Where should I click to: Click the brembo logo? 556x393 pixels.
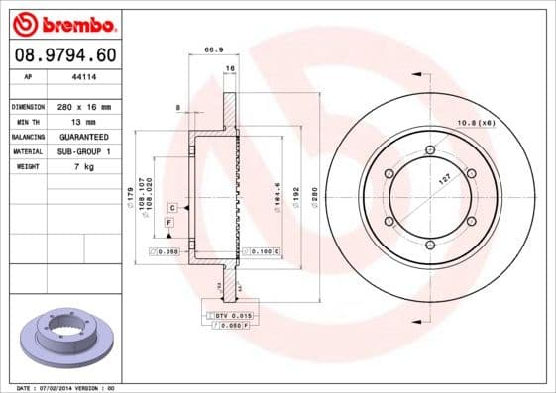pos(62,23)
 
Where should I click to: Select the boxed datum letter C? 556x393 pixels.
pos(171,208)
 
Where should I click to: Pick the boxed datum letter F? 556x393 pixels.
pos(168,225)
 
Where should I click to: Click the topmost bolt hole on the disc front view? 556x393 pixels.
pos(429,150)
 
